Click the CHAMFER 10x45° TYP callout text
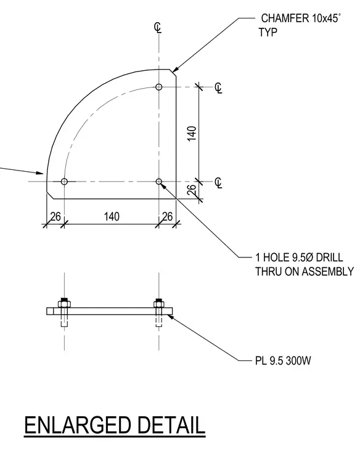(x=300, y=25)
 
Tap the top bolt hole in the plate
(x=159, y=87)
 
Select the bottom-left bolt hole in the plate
(x=64, y=182)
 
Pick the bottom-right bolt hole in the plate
(x=159, y=182)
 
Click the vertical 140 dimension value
(x=192, y=134)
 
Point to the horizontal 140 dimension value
(x=112, y=216)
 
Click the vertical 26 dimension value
(x=192, y=190)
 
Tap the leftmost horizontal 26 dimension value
(x=55, y=216)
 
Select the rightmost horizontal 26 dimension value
(x=167, y=216)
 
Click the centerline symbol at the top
(x=158, y=28)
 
